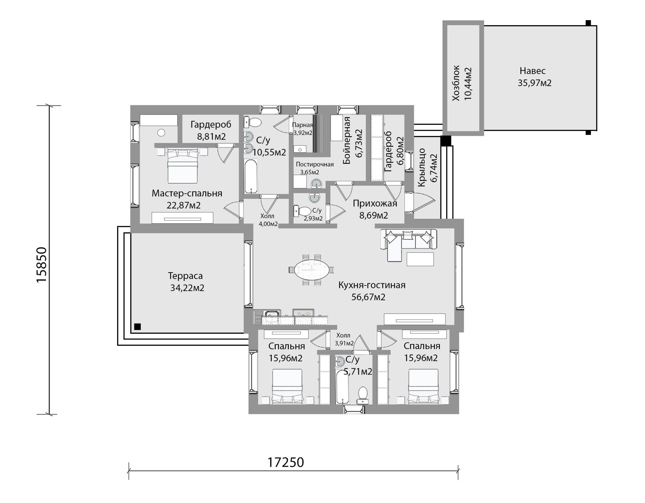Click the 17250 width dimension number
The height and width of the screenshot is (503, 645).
coord(285,462)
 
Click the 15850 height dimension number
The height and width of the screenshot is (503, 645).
coord(42,265)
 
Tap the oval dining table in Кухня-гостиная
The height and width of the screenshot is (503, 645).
coord(312,270)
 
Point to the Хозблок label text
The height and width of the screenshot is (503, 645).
coord(456,83)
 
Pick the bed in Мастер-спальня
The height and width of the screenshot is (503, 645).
coord(182,166)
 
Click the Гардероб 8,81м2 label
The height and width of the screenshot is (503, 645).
coord(211,130)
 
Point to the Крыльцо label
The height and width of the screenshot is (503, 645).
coord(422,168)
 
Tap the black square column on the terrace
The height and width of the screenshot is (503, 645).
coord(137,327)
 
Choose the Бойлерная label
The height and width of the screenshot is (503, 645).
coord(347,140)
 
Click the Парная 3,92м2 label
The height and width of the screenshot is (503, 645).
coord(302,129)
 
